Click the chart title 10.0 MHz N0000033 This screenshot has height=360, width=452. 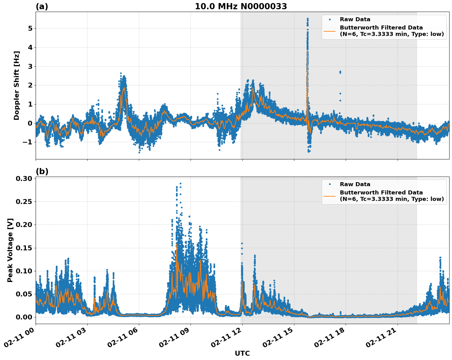point(241,6)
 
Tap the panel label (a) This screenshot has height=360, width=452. point(42,6)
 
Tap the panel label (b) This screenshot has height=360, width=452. point(42,171)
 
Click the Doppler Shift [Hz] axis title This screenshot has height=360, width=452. point(17,85)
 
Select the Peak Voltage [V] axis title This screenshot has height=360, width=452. point(10,250)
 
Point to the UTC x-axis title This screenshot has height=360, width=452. point(242,353)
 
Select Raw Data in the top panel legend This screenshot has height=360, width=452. point(355,20)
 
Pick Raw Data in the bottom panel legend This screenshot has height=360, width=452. point(355,184)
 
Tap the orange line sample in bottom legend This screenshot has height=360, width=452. point(330,196)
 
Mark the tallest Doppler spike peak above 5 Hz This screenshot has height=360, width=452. point(308,19)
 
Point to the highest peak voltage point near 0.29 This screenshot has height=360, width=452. point(180,183)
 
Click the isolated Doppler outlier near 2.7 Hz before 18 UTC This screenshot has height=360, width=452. point(340,72)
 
